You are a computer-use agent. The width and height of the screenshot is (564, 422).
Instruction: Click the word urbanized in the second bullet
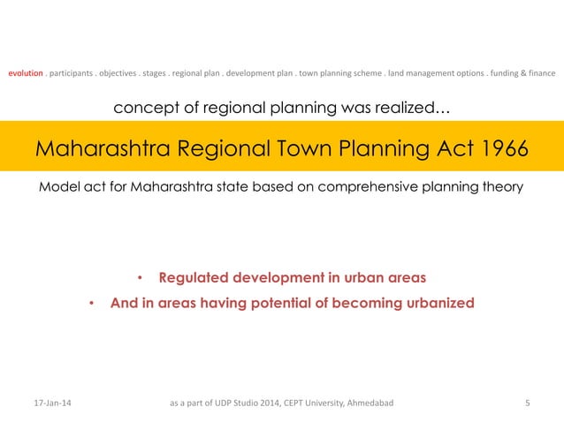point(436,303)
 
